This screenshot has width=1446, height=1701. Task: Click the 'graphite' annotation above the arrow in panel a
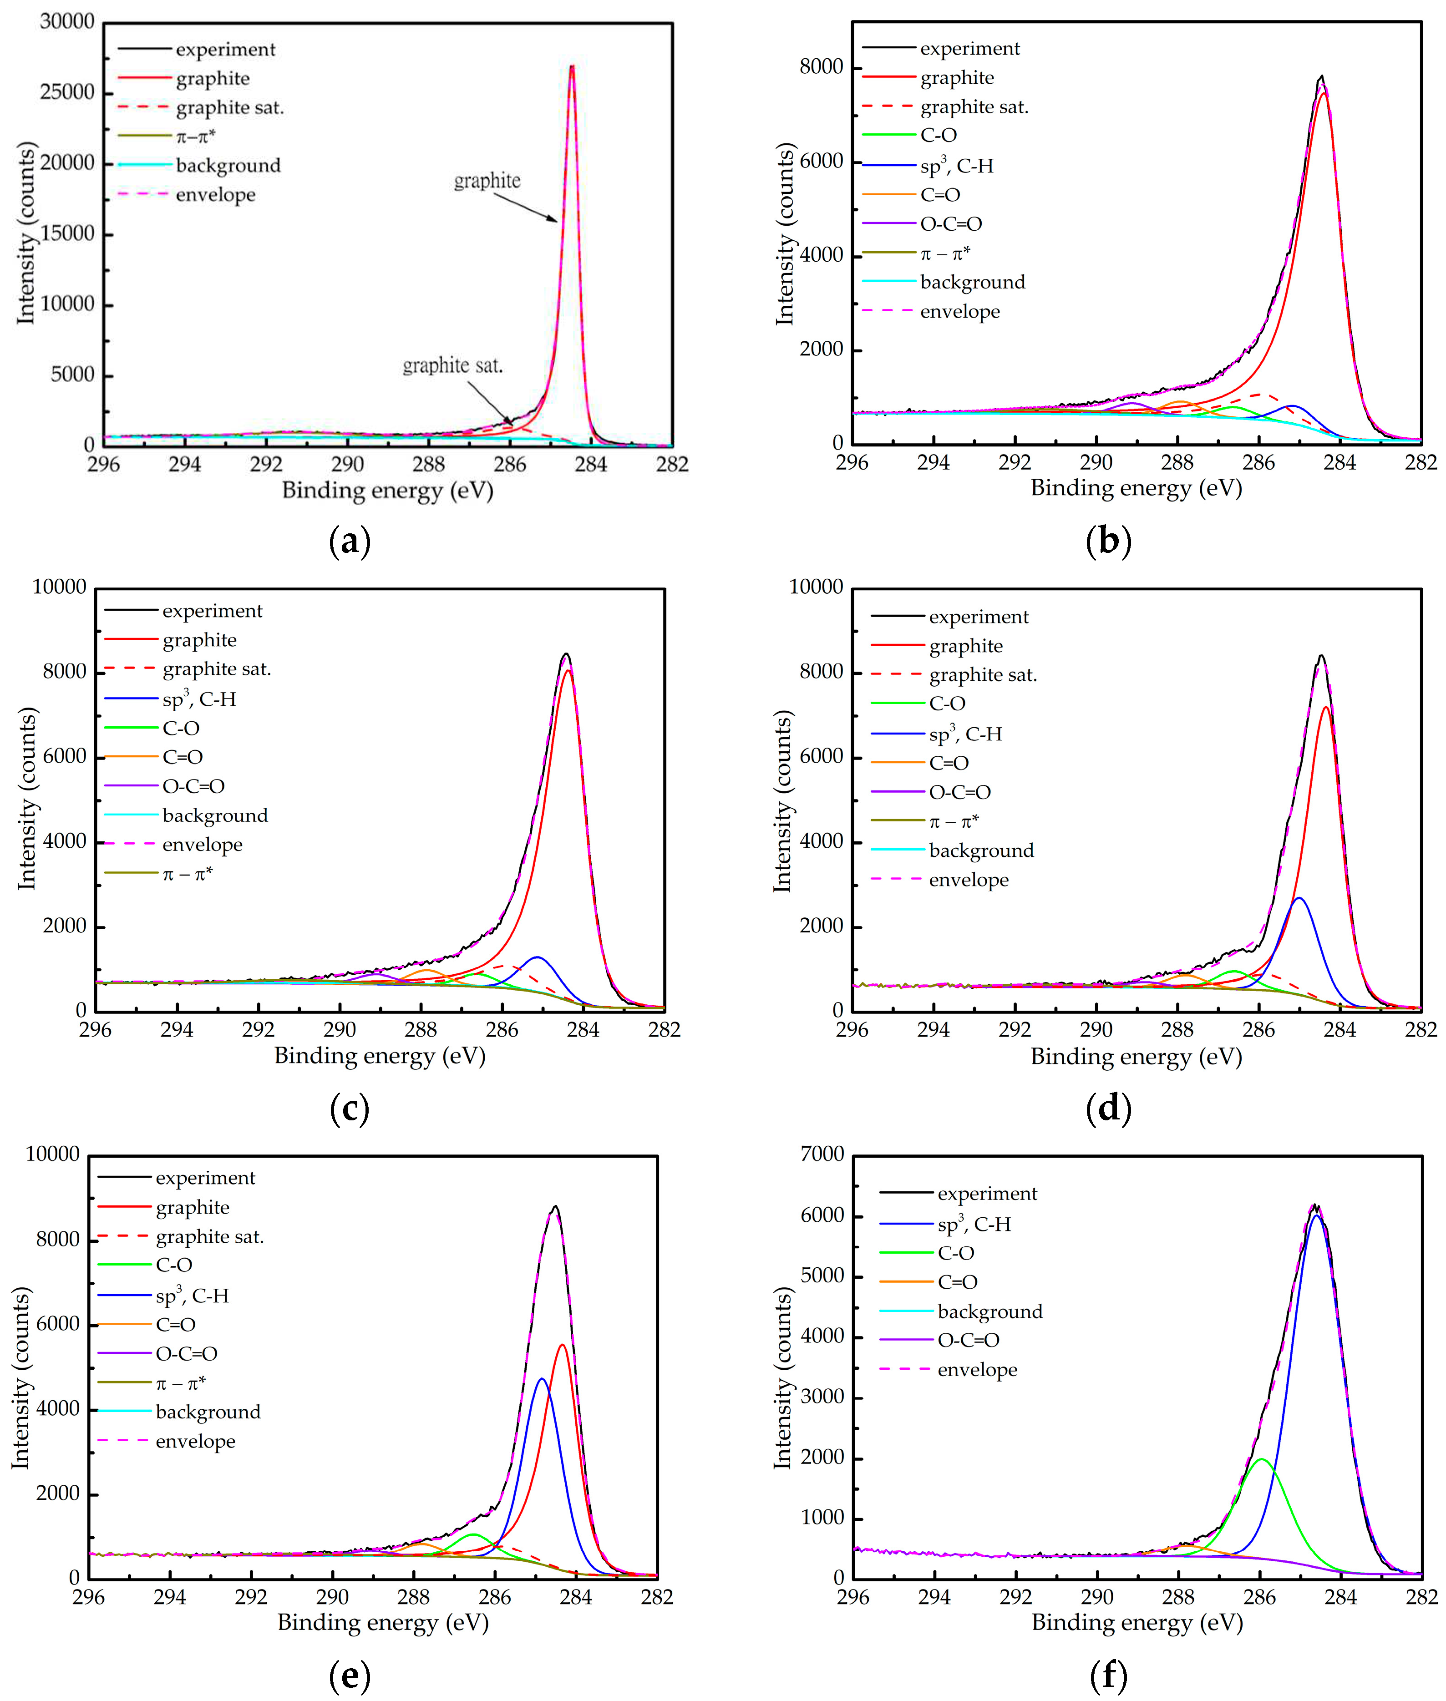[487, 180]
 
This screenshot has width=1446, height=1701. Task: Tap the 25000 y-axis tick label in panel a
[67, 92]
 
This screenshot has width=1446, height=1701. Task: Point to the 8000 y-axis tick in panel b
[822, 67]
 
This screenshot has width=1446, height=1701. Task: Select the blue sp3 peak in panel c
[537, 957]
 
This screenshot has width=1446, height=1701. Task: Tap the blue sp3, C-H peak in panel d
[1299, 899]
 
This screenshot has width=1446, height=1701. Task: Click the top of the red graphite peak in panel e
[563, 1345]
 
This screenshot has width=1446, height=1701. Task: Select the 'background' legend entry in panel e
[208, 1412]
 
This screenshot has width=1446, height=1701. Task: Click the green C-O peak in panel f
[1262, 1459]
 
